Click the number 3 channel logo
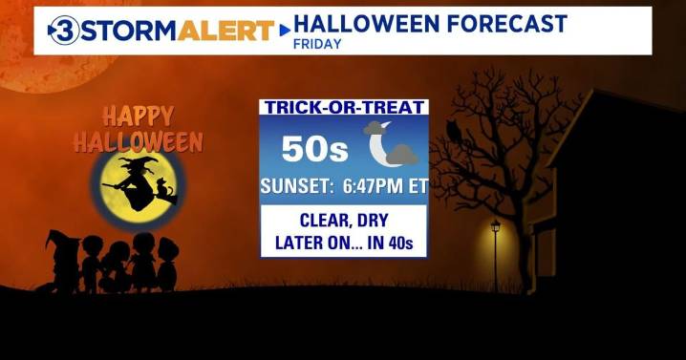click(64, 31)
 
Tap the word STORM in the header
click(123, 31)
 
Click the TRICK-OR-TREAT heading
click(344, 108)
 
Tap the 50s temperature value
click(308, 148)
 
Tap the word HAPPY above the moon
click(138, 117)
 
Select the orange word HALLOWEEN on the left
click(139, 143)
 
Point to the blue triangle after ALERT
click(284, 31)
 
